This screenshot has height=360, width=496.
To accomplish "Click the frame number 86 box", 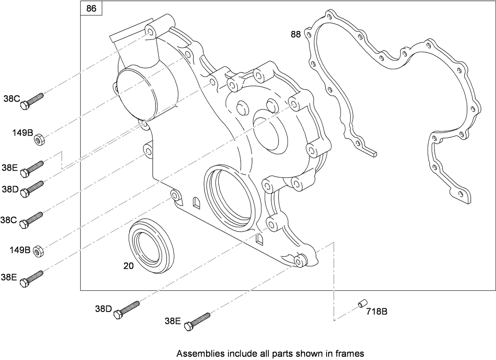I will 92,9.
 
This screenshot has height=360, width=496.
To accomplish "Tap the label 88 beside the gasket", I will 296,35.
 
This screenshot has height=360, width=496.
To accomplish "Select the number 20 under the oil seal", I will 129,266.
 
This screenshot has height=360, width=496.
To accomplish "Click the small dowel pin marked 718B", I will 362,304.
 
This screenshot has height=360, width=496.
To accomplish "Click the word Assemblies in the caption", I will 194,353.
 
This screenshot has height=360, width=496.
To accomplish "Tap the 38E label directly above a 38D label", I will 9,167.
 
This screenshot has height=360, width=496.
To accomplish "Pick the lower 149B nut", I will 38,252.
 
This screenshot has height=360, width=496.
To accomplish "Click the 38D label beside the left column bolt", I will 10,189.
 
